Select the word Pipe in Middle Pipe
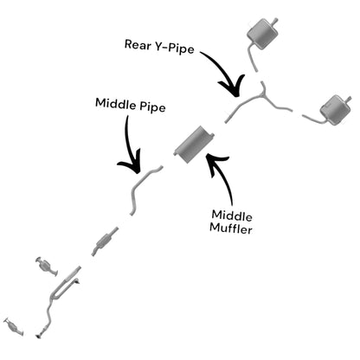(x=152, y=106)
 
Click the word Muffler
(x=231, y=228)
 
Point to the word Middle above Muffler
(x=232, y=215)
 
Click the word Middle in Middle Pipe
(x=115, y=103)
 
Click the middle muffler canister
(x=193, y=144)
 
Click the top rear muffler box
(x=262, y=34)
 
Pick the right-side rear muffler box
(x=336, y=110)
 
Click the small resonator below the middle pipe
(x=104, y=241)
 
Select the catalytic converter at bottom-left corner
(x=13, y=326)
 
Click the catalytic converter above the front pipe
(x=47, y=265)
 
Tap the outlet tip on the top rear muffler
(x=275, y=21)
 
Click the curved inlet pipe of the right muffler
(x=312, y=119)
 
